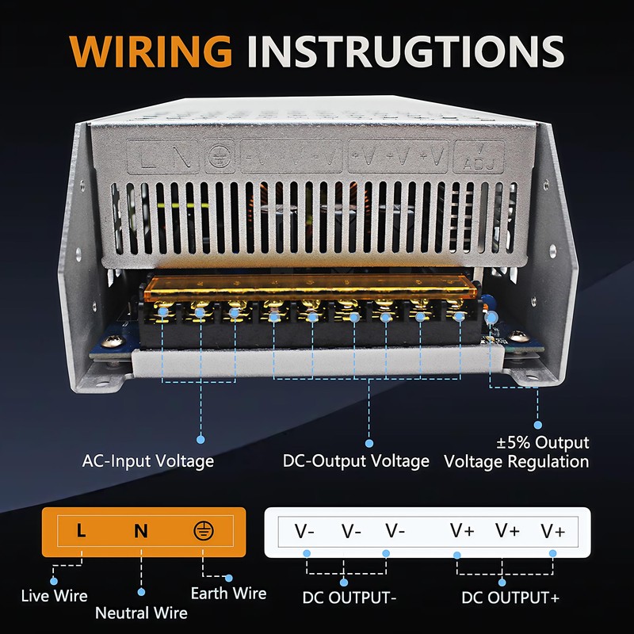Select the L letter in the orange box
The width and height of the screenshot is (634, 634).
pos(81,531)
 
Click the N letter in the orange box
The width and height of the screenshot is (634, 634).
pos(140,531)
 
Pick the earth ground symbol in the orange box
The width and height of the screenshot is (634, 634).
pos(203,531)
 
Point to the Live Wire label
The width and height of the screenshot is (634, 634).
pos(54,595)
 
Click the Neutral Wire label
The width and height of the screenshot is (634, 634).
pos(141,613)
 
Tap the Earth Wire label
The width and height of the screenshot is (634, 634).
pos(229,593)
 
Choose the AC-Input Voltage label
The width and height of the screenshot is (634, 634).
pos(148,460)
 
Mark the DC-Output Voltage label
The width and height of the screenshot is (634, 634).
pos(356,460)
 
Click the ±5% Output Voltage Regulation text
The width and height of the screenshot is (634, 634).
pos(517,452)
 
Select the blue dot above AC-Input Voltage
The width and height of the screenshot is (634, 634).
pos(201,437)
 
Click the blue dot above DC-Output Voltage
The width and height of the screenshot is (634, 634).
pos(368,437)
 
